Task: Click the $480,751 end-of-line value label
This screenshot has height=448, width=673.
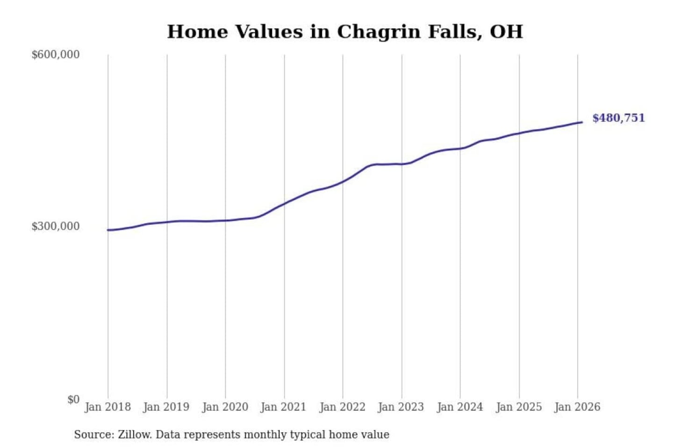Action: point(618,118)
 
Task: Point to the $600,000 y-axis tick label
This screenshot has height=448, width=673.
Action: point(56,55)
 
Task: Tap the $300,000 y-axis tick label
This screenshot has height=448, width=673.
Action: point(56,226)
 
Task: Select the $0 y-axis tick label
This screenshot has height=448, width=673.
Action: point(73,399)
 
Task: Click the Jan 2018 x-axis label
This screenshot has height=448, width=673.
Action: point(107,407)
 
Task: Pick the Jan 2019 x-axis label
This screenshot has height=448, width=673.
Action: point(166,407)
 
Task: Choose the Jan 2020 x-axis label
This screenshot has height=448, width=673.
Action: point(225,407)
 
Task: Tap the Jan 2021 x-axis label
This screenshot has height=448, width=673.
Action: point(283,407)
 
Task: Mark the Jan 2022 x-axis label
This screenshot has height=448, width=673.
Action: point(342,407)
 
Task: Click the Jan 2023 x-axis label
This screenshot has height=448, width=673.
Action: point(401,407)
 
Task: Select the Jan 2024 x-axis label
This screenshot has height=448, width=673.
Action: point(459,407)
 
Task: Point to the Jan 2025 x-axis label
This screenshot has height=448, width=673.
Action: point(518,407)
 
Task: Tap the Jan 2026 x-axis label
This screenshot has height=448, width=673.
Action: point(577,407)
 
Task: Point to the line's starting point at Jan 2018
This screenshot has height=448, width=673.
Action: point(108,230)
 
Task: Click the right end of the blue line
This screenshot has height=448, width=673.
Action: point(582,122)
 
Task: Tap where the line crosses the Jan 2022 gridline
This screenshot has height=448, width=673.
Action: point(343,182)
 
